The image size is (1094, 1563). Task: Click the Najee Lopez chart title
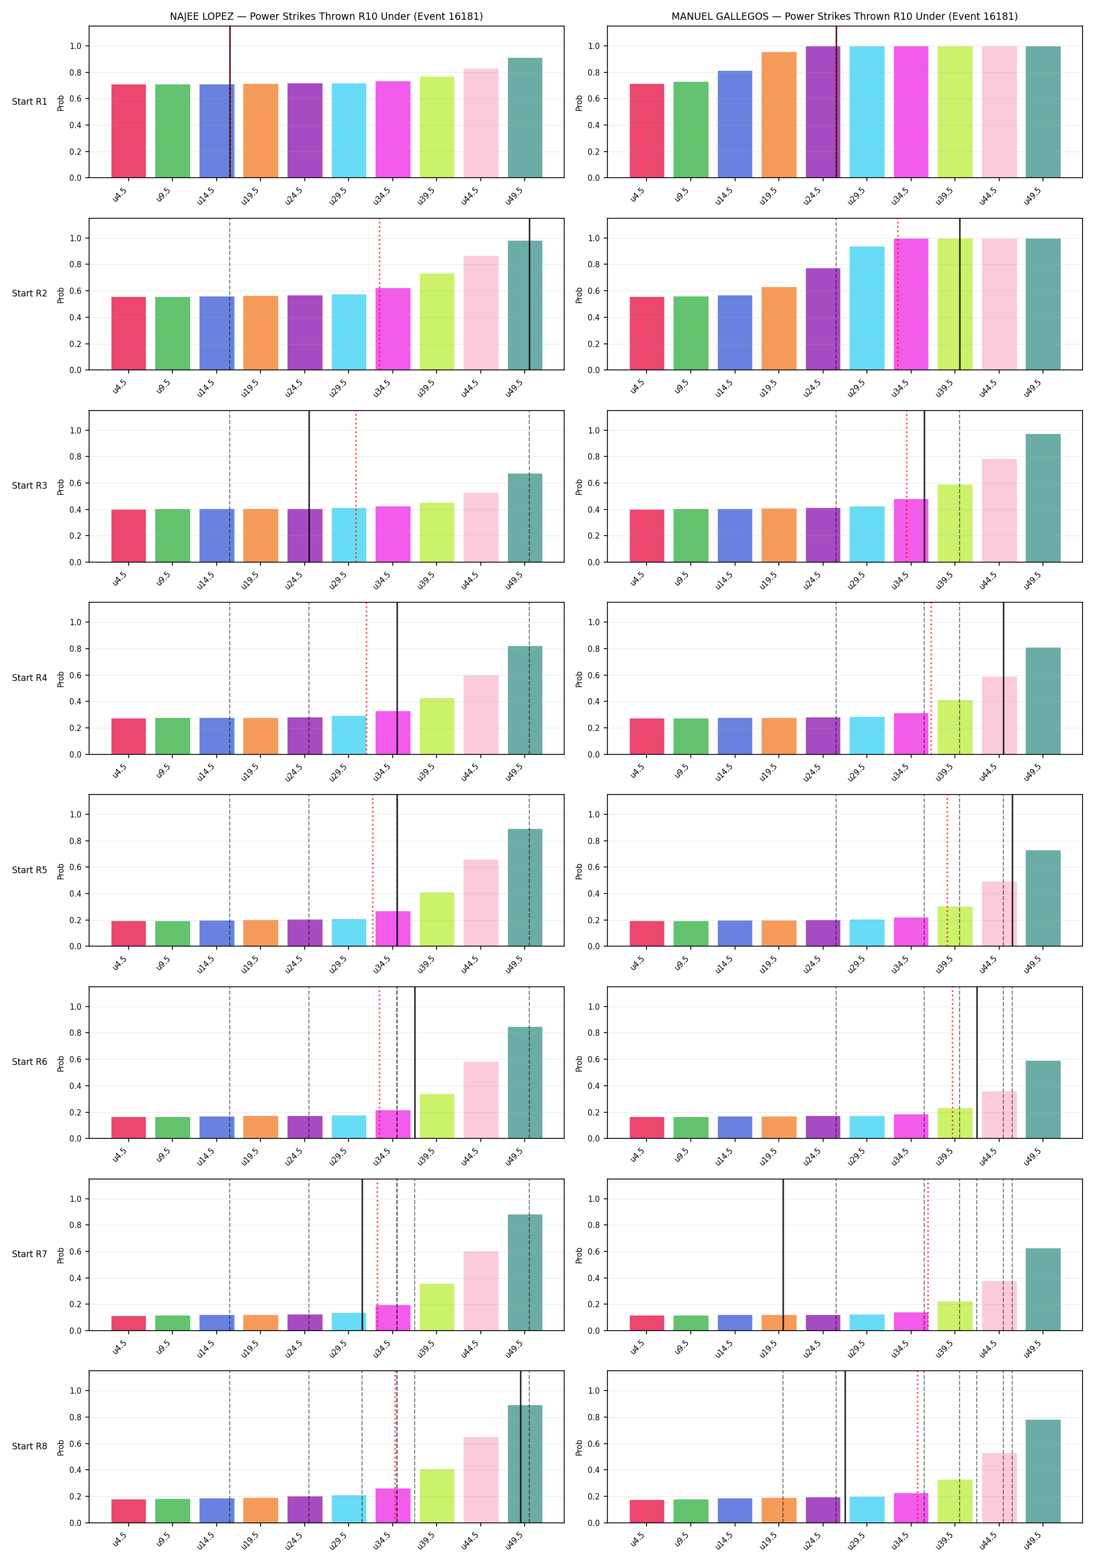click(x=326, y=16)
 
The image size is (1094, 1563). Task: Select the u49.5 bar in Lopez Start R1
click(x=525, y=118)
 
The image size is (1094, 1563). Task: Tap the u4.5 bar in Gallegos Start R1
click(x=647, y=131)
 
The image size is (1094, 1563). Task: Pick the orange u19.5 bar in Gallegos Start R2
click(x=779, y=328)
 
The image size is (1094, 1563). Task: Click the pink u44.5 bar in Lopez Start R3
click(x=481, y=528)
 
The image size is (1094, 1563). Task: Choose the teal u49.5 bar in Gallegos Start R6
click(x=1043, y=1099)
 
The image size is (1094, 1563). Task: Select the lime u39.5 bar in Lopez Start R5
click(x=437, y=919)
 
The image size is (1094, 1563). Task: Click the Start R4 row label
click(x=29, y=678)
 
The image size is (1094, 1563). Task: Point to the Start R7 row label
click(x=29, y=1254)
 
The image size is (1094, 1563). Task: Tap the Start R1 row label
click(x=29, y=102)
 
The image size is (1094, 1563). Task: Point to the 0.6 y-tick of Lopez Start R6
click(x=75, y=1060)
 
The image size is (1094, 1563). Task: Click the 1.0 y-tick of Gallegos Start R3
click(x=594, y=430)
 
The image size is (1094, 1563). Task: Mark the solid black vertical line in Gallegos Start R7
click(x=783, y=1255)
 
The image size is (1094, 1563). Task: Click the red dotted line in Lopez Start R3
click(x=355, y=487)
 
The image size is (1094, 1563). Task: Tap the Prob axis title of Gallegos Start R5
click(x=579, y=871)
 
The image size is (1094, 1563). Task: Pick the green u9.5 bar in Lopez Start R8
click(x=173, y=1510)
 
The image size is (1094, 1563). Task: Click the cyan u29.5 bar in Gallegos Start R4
click(x=867, y=736)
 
